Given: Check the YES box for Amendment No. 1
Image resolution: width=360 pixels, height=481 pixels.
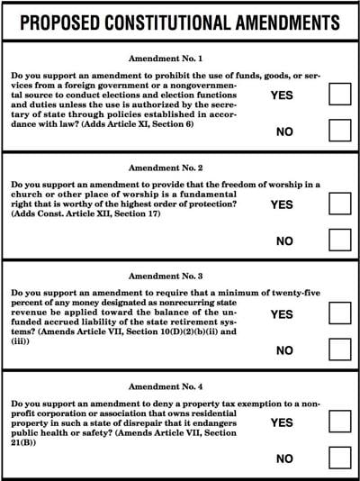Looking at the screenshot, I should tap(339, 94).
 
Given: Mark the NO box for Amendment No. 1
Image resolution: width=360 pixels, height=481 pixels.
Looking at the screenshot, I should tap(339, 132).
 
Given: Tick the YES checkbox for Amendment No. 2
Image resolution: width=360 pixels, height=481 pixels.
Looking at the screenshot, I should tap(339, 204).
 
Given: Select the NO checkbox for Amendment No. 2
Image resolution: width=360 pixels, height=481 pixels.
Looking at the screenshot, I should tap(339, 240).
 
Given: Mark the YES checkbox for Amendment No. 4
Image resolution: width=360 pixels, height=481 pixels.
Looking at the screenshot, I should tap(339, 422).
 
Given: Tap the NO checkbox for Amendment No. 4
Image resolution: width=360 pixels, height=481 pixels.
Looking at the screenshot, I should tap(339, 458).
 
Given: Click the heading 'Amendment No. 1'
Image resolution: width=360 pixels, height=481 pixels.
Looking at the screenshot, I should tap(180, 56).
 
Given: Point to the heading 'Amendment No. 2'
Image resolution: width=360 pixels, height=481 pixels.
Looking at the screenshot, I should tap(180, 168).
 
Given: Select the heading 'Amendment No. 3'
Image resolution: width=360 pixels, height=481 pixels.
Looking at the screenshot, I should tap(180, 277).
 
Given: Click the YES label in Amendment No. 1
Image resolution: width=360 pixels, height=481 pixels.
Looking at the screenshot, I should tap(282, 95).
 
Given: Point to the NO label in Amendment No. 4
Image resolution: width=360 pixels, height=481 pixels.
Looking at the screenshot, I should tap(285, 458).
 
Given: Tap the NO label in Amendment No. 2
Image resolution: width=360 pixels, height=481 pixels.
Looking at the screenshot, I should tap(285, 241).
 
